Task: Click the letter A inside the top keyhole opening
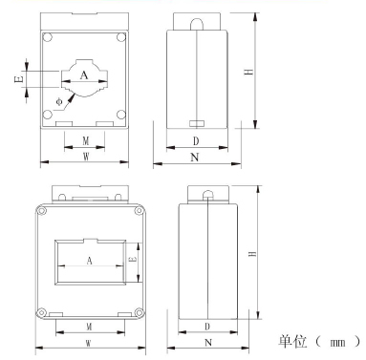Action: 84,75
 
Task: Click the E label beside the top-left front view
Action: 19,79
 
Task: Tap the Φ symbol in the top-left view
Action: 59,102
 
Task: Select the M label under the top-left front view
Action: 86,140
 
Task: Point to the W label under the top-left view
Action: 86,157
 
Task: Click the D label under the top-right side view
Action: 196,141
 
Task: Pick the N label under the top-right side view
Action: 195,158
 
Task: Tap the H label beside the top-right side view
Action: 249,71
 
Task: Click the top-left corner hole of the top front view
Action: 48,37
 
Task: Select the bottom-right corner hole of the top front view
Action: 121,115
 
